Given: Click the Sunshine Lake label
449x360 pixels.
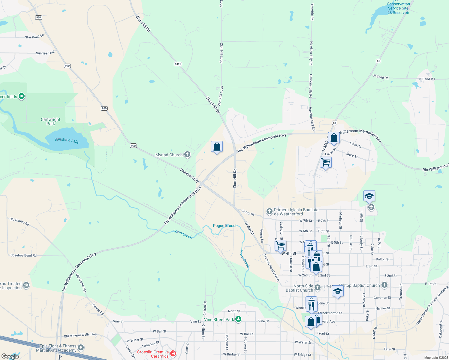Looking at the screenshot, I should tap(67, 140).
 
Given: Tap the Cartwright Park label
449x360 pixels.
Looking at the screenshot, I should tap(50, 121).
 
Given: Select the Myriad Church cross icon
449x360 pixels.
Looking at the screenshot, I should tap(187, 154).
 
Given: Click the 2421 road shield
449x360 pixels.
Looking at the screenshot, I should tap(178, 64).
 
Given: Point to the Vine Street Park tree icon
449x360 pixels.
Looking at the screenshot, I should tap(238, 319).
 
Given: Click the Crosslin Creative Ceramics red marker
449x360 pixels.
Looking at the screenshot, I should tap(173, 354).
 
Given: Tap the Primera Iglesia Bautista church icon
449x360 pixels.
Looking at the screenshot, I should tap(269, 211).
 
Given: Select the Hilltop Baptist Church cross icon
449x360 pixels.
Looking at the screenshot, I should tap(384, 285).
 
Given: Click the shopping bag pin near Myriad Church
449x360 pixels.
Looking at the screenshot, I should tap(217, 147).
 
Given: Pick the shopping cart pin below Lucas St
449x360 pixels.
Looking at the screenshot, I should tap(326, 162).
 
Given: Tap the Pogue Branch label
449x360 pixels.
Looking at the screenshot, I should tap(225, 226).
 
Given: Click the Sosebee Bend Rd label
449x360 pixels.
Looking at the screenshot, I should tap(23, 256).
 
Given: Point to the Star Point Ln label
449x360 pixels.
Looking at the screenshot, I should tap(35, 37).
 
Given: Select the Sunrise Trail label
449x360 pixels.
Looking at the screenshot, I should tap(45, 53).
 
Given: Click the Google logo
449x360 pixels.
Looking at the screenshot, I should tap(10, 356).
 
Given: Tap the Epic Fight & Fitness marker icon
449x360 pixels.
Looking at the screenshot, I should tap(81, 348).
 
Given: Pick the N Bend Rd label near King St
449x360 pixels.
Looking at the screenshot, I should tap(427, 79).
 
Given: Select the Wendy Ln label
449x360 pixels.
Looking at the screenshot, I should tap(262, 235).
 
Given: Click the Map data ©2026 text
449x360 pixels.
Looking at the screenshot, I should tap(436, 358).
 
